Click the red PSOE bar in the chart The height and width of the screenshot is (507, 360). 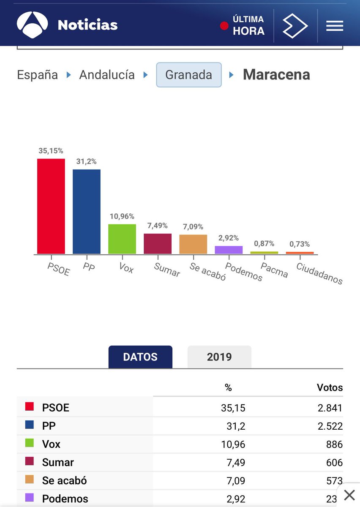tap(51, 206)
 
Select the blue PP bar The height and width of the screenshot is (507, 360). tap(87, 211)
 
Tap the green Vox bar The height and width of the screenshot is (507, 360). tap(122, 239)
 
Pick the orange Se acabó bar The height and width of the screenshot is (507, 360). tap(193, 244)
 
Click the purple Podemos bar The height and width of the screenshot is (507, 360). tap(229, 250)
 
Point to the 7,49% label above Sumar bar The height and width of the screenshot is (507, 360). tap(157, 226)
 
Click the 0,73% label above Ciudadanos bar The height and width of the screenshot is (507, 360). tap(300, 244)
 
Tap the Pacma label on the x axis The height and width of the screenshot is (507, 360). tap(274, 270)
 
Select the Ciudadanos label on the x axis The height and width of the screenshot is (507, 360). tap(319, 273)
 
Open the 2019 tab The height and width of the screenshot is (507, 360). tap(219, 357)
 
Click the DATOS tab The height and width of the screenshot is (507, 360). tap(140, 357)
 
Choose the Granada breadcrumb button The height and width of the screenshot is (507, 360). tap(189, 75)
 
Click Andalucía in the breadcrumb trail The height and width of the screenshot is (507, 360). tap(107, 75)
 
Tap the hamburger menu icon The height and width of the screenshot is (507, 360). tap(334, 26)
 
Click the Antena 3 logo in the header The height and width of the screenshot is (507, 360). tap(32, 25)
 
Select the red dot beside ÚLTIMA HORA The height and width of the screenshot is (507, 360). tap(224, 26)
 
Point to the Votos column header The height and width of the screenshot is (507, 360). tap(330, 387)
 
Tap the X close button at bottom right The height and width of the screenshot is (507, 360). tap(349, 495)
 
